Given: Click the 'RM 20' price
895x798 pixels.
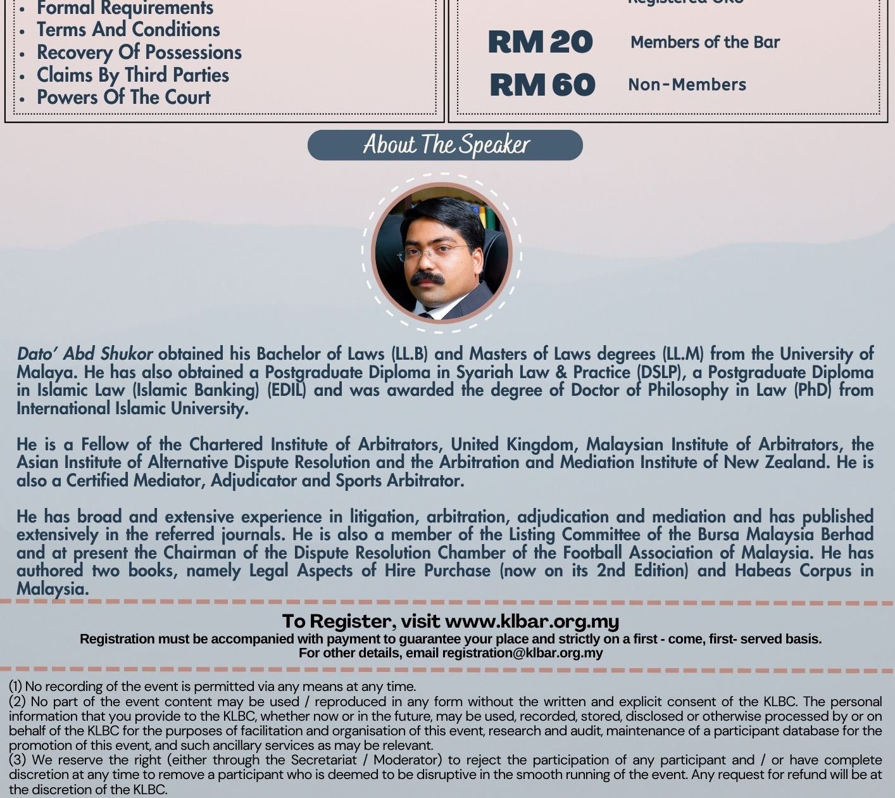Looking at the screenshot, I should [540, 42].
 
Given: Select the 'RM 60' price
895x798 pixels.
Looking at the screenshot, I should [542, 85].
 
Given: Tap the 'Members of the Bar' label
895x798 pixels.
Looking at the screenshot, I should [704, 42].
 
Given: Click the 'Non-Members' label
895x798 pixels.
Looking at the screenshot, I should [687, 85].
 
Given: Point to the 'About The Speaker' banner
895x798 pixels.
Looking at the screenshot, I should [445, 145].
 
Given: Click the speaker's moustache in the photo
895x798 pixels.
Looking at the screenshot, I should [427, 278].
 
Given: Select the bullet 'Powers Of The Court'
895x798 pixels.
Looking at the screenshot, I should [123, 98].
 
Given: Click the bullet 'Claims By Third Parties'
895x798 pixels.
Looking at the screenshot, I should [132, 75].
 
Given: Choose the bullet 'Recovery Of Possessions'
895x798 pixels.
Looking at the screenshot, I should [139, 53].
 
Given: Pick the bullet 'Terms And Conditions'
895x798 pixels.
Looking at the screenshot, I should [128, 30].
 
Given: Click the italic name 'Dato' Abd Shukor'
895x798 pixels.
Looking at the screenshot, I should [84, 353].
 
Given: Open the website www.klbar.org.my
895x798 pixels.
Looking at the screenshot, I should [532, 621].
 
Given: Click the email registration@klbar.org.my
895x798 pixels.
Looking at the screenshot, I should [522, 653].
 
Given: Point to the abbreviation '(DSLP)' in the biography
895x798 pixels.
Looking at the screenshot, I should [659, 372].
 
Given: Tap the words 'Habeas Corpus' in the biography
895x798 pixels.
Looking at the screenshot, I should [793, 571].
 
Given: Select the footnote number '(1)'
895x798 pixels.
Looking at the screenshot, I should [15, 687].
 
